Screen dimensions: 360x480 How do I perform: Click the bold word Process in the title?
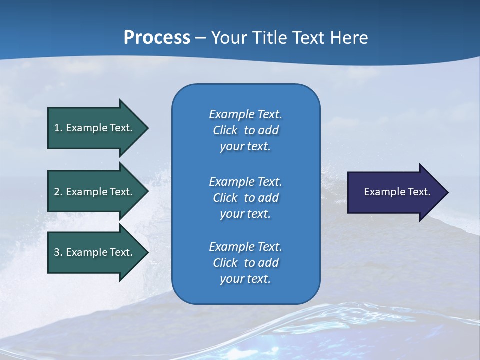[157, 38]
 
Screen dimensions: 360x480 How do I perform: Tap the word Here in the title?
[349, 38]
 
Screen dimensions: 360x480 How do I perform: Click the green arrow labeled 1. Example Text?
[95, 128]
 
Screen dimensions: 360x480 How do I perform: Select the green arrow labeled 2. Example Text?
[95, 192]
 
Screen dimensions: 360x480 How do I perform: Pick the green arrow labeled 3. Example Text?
[95, 252]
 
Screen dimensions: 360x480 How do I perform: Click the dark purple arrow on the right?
[395, 192]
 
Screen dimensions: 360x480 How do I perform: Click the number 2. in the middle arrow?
[58, 192]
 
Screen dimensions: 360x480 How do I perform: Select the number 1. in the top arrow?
[58, 128]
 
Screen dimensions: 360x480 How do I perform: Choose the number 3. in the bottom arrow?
[58, 252]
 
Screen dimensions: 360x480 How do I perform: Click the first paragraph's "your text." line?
[245, 147]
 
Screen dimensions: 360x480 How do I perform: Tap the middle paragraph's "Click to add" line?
[245, 198]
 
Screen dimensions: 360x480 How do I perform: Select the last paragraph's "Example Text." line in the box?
[245, 247]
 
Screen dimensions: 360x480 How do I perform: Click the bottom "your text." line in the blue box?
[245, 279]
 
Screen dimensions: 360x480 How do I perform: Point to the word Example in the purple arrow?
[382, 192]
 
